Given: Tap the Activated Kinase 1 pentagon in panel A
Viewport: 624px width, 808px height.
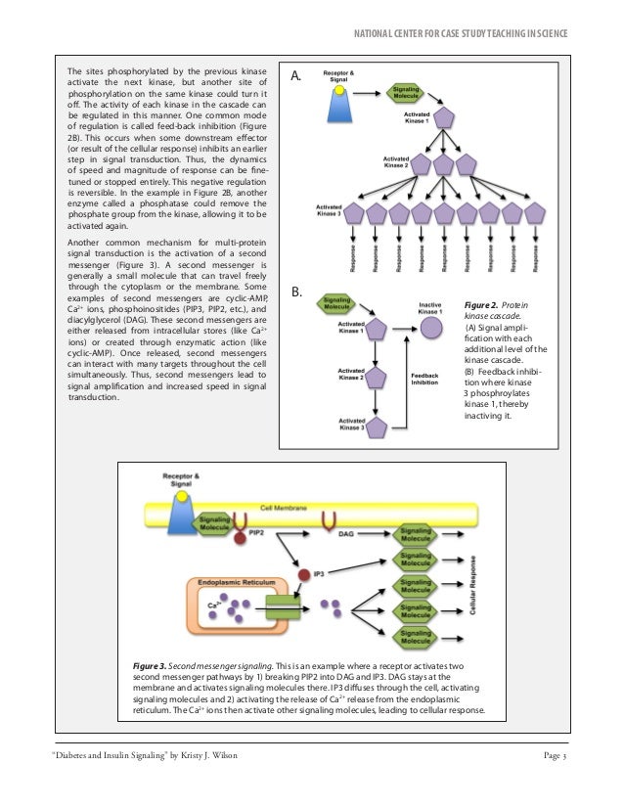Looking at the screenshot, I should [x=445, y=116].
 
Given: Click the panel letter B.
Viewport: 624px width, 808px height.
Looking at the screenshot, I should [x=298, y=292].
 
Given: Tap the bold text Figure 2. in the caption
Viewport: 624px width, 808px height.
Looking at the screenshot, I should [x=484, y=306].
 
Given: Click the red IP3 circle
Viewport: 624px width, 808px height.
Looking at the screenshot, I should [x=304, y=574].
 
